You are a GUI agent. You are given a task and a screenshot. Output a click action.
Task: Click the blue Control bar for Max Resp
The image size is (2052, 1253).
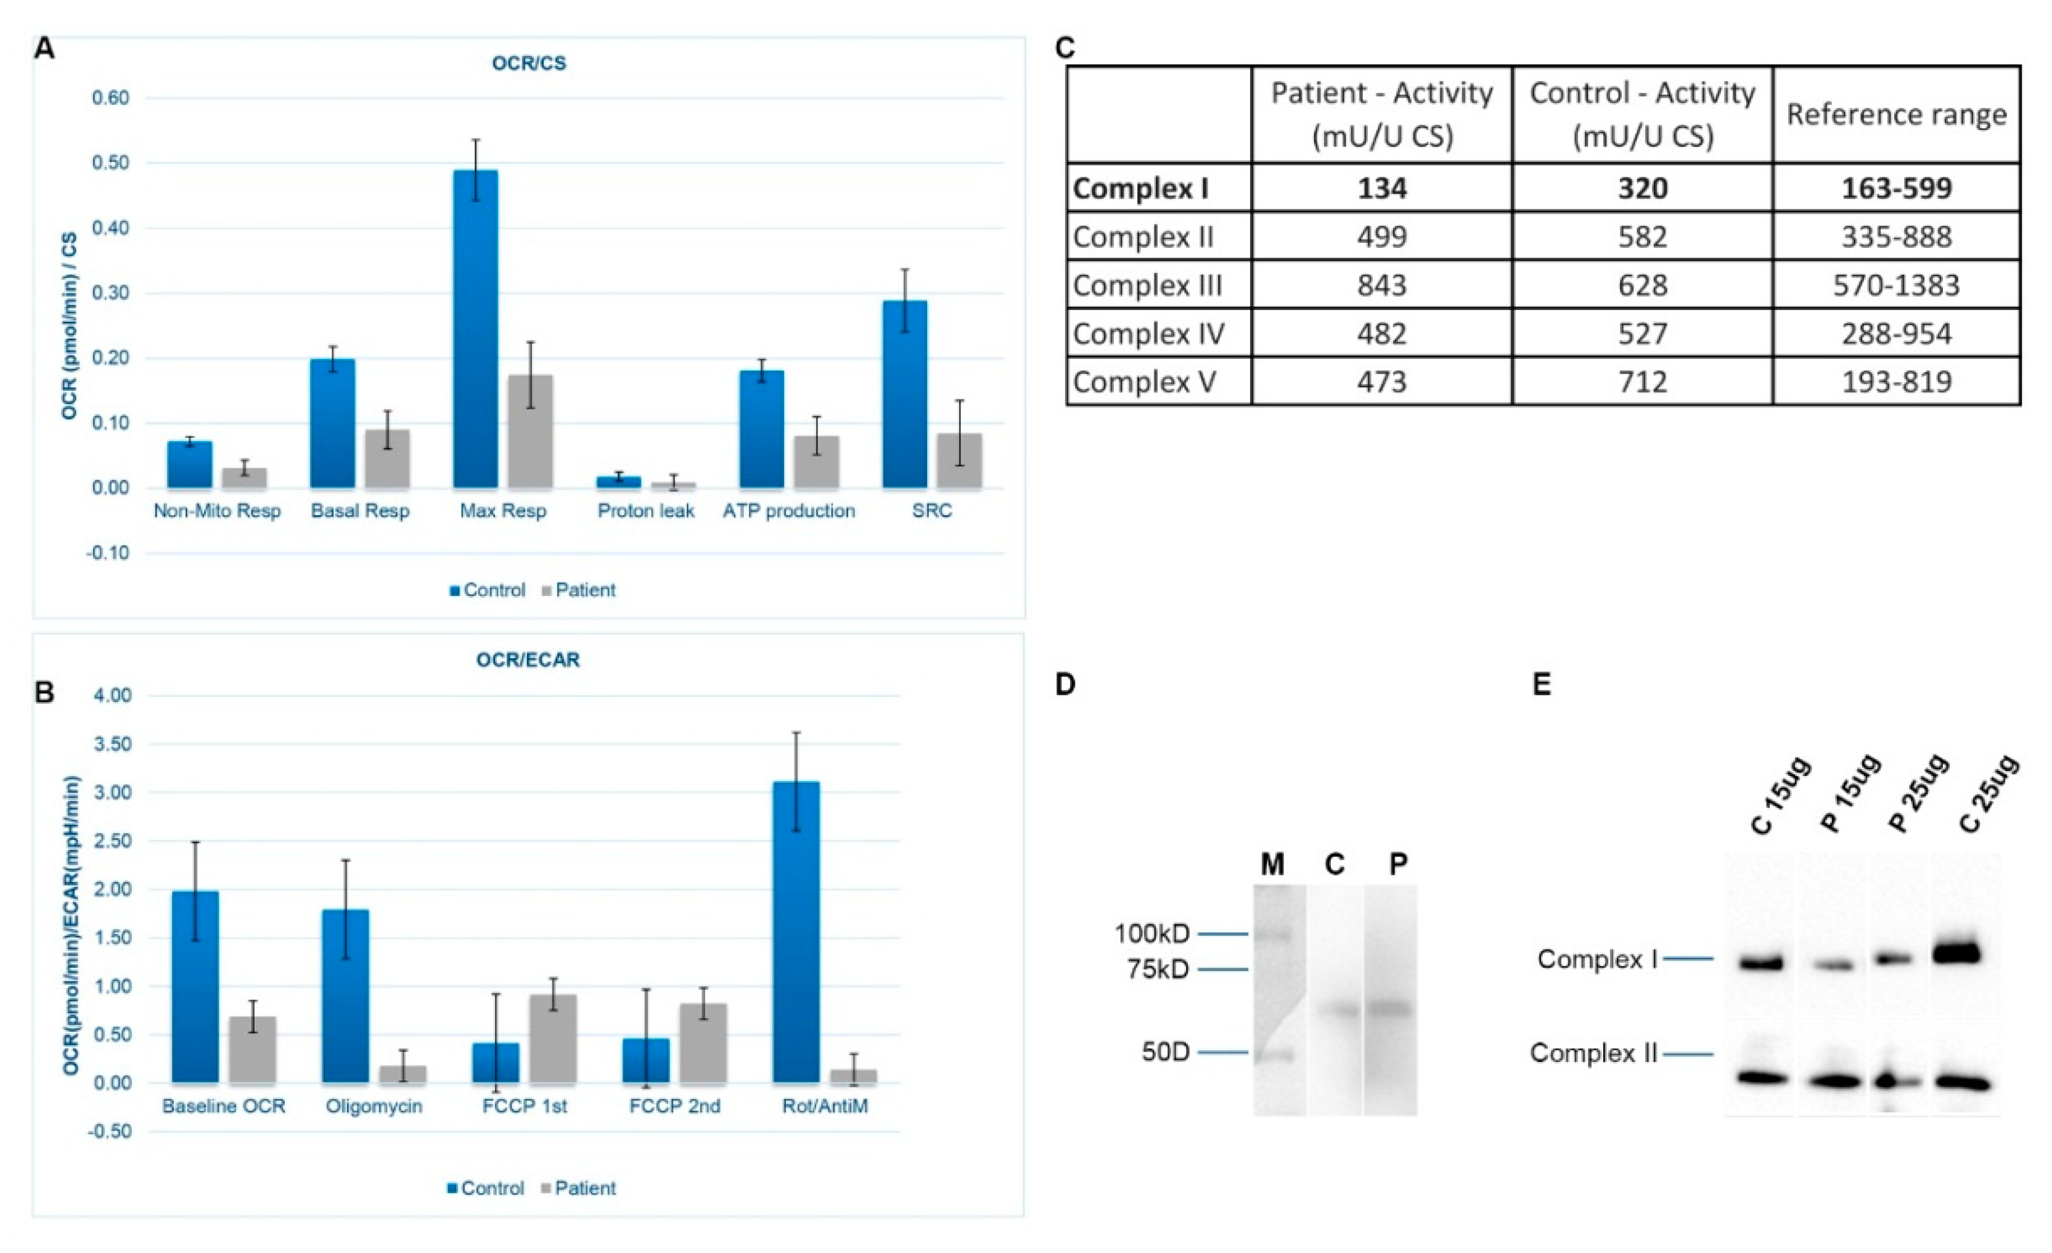point(475,329)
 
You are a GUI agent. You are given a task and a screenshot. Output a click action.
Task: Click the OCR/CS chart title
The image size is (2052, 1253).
point(528,63)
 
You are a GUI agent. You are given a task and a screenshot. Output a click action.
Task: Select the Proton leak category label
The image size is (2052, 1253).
point(645,511)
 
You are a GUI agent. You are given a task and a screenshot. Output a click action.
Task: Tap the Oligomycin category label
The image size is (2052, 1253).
point(374,1106)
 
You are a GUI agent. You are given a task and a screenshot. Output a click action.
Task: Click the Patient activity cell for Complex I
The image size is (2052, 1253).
point(1381,188)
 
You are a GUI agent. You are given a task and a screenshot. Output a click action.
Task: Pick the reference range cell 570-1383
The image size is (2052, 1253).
point(1895,285)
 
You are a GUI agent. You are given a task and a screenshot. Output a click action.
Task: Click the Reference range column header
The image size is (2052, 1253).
point(1895,114)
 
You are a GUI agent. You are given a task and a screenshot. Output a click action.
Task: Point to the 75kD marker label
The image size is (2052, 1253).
point(1158,969)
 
